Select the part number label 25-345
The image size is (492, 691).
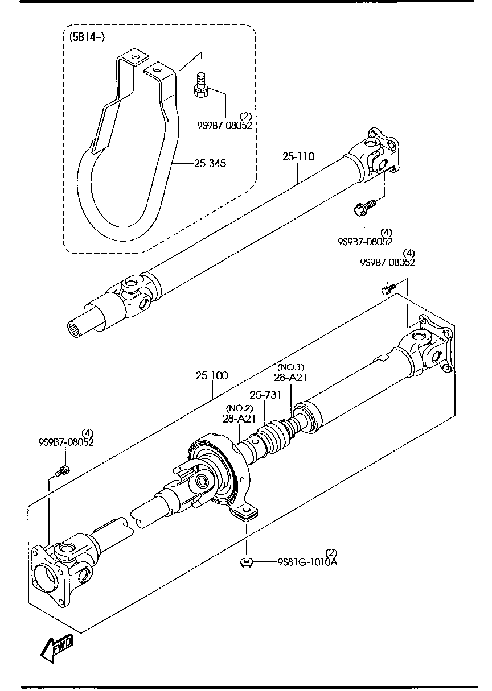(x=210, y=164)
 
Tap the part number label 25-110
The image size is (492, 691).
(x=298, y=156)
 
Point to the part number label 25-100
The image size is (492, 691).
(x=212, y=375)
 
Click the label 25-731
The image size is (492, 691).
(x=265, y=395)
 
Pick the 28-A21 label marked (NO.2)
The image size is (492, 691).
(x=239, y=418)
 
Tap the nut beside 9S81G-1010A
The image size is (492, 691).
(x=247, y=563)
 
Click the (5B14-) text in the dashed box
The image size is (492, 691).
(x=87, y=38)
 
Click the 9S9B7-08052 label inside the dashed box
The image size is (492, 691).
(x=225, y=125)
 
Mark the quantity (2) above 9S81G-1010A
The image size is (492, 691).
(x=331, y=552)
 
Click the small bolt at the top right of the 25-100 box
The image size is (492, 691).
(x=387, y=289)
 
